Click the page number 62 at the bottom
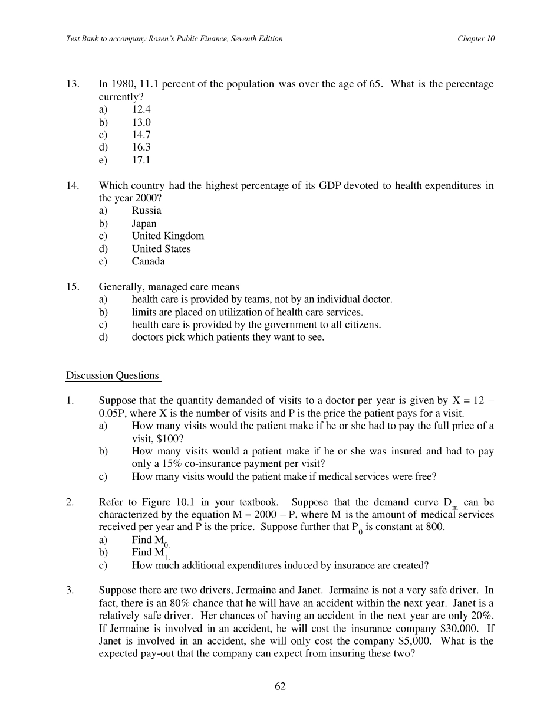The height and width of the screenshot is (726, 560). click(x=280, y=686)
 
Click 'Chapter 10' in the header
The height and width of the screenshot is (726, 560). click(x=476, y=39)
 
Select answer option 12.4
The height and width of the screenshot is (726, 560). click(x=141, y=109)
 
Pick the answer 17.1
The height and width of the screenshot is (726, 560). click(x=141, y=160)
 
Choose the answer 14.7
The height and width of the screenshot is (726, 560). click(x=141, y=135)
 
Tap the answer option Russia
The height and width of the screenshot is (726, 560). click(x=146, y=211)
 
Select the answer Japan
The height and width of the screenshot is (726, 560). click(x=144, y=224)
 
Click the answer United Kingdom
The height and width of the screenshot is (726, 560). click(x=168, y=236)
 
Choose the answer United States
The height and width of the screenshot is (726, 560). click(x=162, y=249)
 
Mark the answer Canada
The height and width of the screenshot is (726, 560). click(x=149, y=261)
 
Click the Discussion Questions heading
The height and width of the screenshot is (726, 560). click(x=113, y=376)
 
